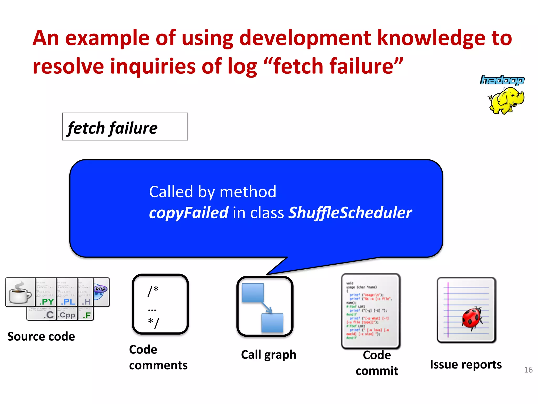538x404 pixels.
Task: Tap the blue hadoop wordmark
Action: point(502,80)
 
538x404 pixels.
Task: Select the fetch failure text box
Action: point(125,127)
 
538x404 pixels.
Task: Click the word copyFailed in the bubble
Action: point(189,213)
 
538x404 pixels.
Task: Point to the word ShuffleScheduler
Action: point(350,213)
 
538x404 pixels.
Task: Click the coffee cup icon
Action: point(20,292)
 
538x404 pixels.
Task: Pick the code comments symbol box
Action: point(160,304)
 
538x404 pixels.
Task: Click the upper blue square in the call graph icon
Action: point(252,292)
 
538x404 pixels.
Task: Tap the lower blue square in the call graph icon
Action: point(272,322)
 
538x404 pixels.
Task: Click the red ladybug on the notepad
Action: point(472,318)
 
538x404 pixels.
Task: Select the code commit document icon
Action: point(371,311)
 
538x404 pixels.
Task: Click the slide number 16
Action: point(528,370)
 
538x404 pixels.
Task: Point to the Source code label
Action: point(41,336)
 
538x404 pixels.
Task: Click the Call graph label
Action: point(268,355)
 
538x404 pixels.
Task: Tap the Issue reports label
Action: point(466,365)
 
